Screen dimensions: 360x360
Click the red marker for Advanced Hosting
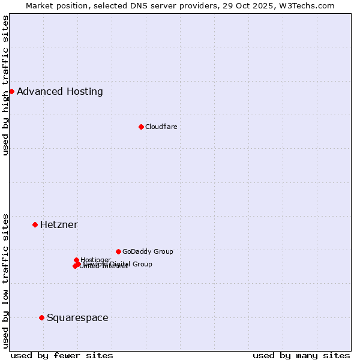click(x=11, y=91)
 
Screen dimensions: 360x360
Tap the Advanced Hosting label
click(x=60, y=92)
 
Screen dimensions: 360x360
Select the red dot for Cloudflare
click(x=141, y=127)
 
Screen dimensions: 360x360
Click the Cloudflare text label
click(x=161, y=127)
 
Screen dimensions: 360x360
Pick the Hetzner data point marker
click(x=35, y=224)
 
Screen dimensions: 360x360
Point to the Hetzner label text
click(x=59, y=225)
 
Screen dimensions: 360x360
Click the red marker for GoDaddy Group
click(x=118, y=251)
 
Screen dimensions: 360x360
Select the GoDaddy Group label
click(x=148, y=251)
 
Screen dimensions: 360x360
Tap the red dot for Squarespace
click(x=41, y=317)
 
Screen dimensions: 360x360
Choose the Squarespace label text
click(x=77, y=318)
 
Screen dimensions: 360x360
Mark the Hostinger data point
click(x=76, y=260)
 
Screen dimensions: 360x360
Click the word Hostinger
click(x=95, y=260)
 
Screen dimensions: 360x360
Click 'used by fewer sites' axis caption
click(x=62, y=355)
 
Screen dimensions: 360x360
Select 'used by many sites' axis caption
click(x=301, y=355)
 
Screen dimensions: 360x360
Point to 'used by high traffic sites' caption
click(x=6, y=85)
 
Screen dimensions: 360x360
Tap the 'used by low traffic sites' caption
click(x=6, y=280)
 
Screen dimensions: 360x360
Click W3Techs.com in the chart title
click(x=310, y=5)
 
